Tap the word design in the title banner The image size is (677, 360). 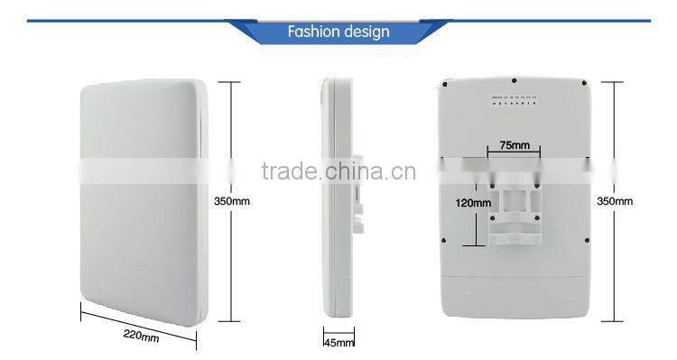(366, 32)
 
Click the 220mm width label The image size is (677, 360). (141, 337)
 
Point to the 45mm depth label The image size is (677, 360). (338, 342)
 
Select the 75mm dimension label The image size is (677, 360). (514, 144)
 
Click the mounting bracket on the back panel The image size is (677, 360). (515, 217)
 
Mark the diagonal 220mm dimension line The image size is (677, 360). (138, 323)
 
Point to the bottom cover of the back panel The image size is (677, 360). (515, 293)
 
